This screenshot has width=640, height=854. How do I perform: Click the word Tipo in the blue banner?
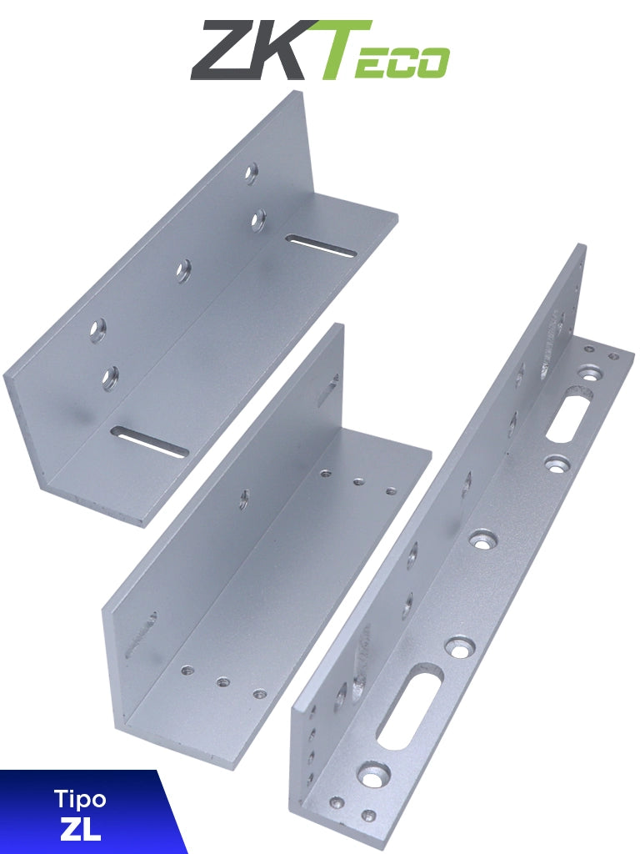80,800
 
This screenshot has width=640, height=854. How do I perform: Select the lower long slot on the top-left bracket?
149,442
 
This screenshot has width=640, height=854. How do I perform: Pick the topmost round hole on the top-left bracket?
250,173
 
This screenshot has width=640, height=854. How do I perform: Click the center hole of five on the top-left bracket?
182,269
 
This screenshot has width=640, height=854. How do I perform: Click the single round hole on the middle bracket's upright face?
244,499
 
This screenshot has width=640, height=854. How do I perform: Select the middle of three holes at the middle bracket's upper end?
358,482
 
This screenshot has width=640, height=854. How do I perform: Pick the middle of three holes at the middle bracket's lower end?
223,681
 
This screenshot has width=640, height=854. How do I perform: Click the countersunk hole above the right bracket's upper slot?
591,373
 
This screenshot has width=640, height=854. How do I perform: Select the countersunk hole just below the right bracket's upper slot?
555,463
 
